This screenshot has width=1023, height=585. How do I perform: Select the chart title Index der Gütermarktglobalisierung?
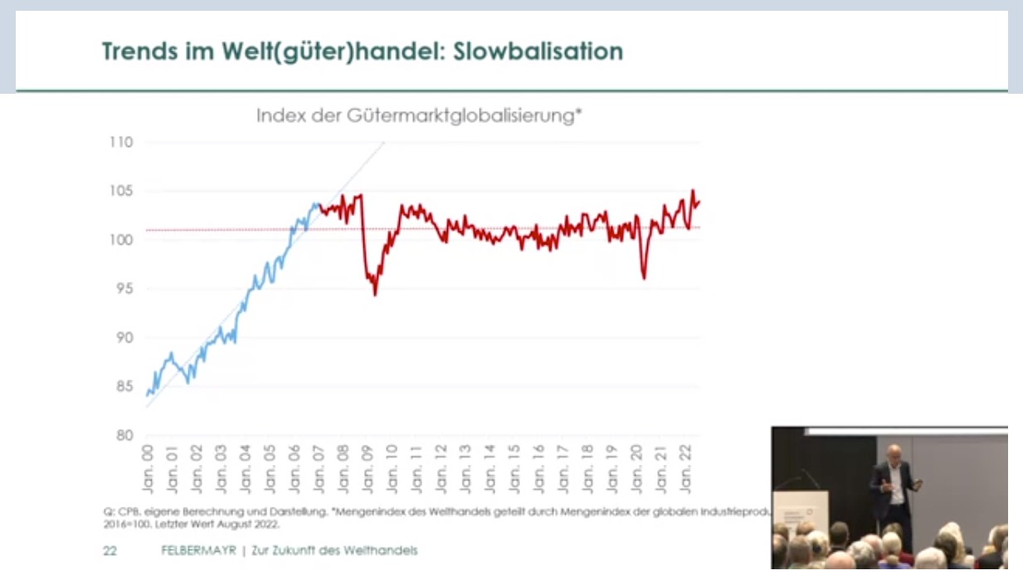click(418, 115)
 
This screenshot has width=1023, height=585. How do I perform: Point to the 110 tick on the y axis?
click(122, 142)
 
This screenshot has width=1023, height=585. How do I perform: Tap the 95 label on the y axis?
click(124, 289)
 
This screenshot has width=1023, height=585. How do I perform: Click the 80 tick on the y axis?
click(124, 436)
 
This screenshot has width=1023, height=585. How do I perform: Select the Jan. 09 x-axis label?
click(368, 469)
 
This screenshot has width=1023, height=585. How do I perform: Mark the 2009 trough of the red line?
click(375, 294)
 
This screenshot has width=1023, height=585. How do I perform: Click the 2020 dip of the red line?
click(644, 278)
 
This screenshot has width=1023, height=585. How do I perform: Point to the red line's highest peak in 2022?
click(693, 191)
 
